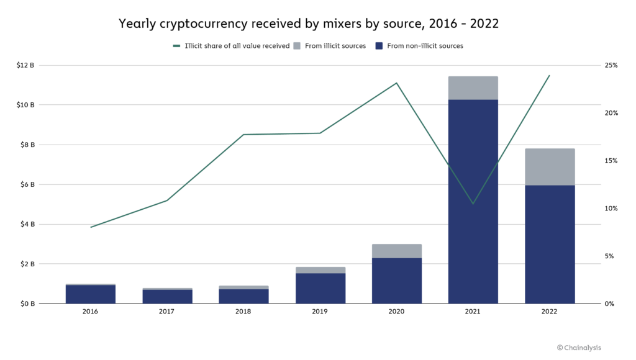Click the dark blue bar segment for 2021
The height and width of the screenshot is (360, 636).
(473, 202)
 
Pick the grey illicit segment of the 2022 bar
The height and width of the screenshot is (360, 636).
(550, 167)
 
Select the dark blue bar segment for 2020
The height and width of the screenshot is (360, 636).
(397, 281)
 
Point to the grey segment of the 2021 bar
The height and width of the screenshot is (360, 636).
(473, 88)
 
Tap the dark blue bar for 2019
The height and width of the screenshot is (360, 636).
(320, 289)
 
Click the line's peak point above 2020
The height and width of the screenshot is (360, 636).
(397, 83)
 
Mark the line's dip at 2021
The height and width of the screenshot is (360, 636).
(473, 204)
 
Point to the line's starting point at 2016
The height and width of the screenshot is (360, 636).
(91, 227)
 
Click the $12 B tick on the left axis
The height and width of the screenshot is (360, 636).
(25, 65)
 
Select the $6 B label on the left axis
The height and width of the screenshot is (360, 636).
(25, 184)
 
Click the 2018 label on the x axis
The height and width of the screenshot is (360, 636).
(243, 312)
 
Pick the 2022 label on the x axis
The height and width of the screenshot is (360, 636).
(550, 312)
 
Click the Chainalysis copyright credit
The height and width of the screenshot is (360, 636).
(579, 348)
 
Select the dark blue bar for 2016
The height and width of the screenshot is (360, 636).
(91, 294)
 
